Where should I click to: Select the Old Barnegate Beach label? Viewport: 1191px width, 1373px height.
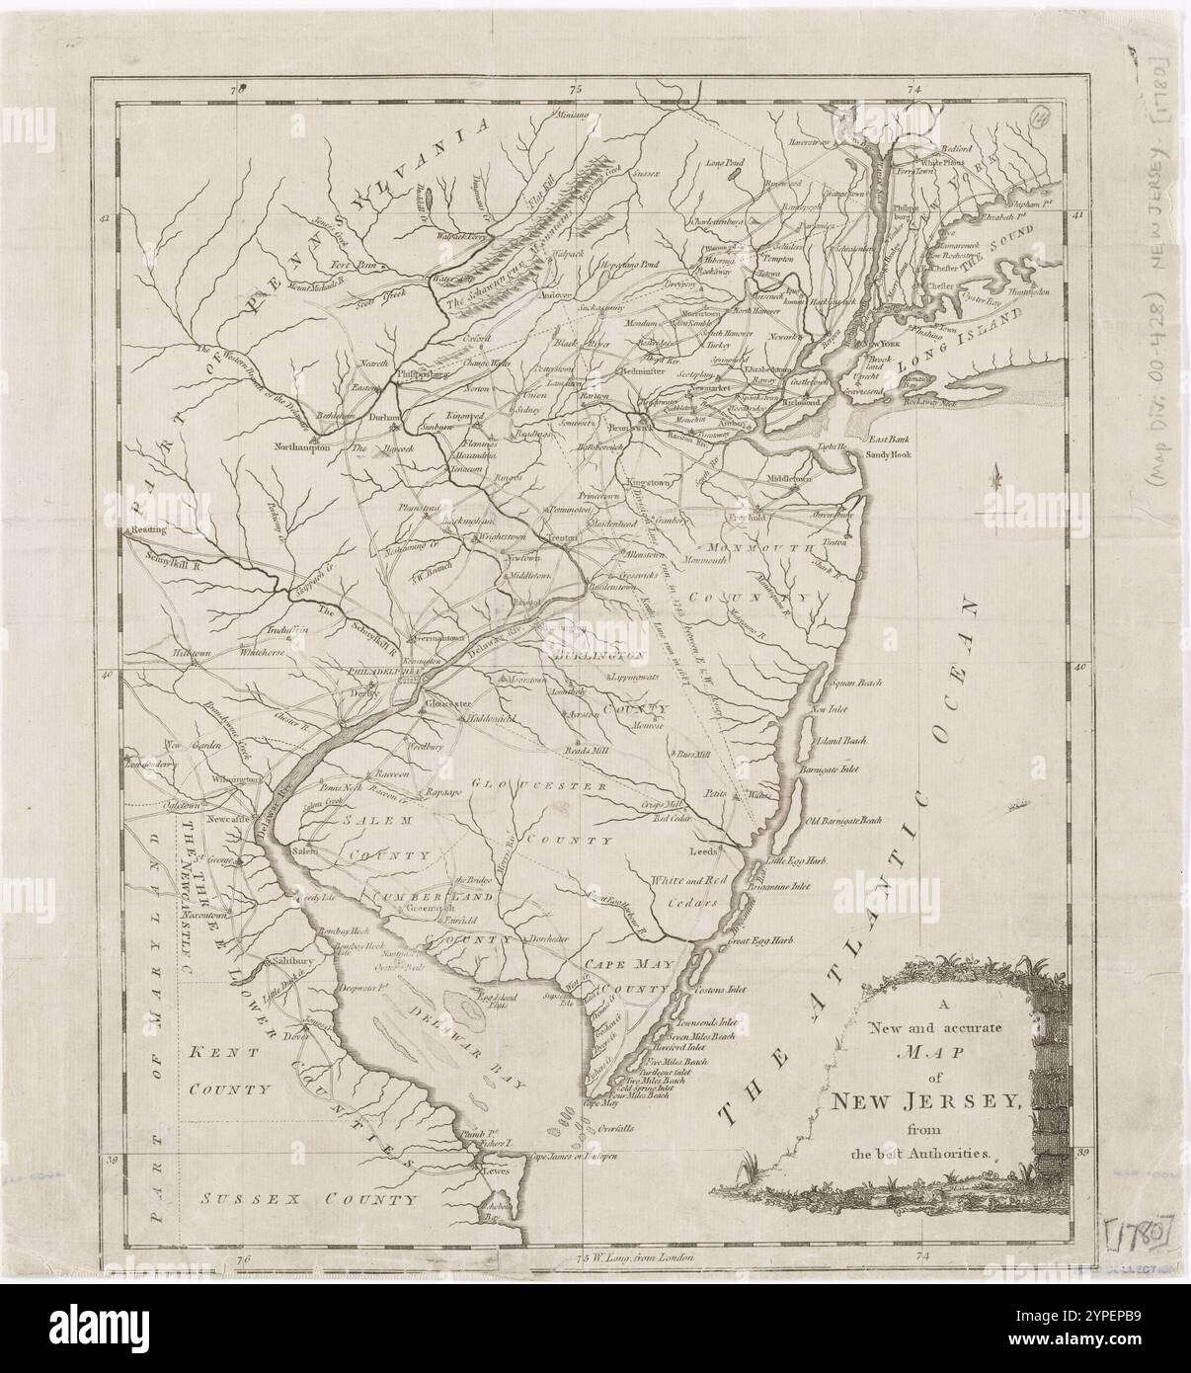843,820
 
